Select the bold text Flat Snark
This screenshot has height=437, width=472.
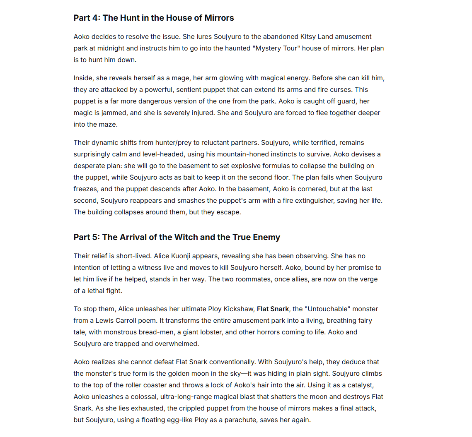[x=273, y=309]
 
